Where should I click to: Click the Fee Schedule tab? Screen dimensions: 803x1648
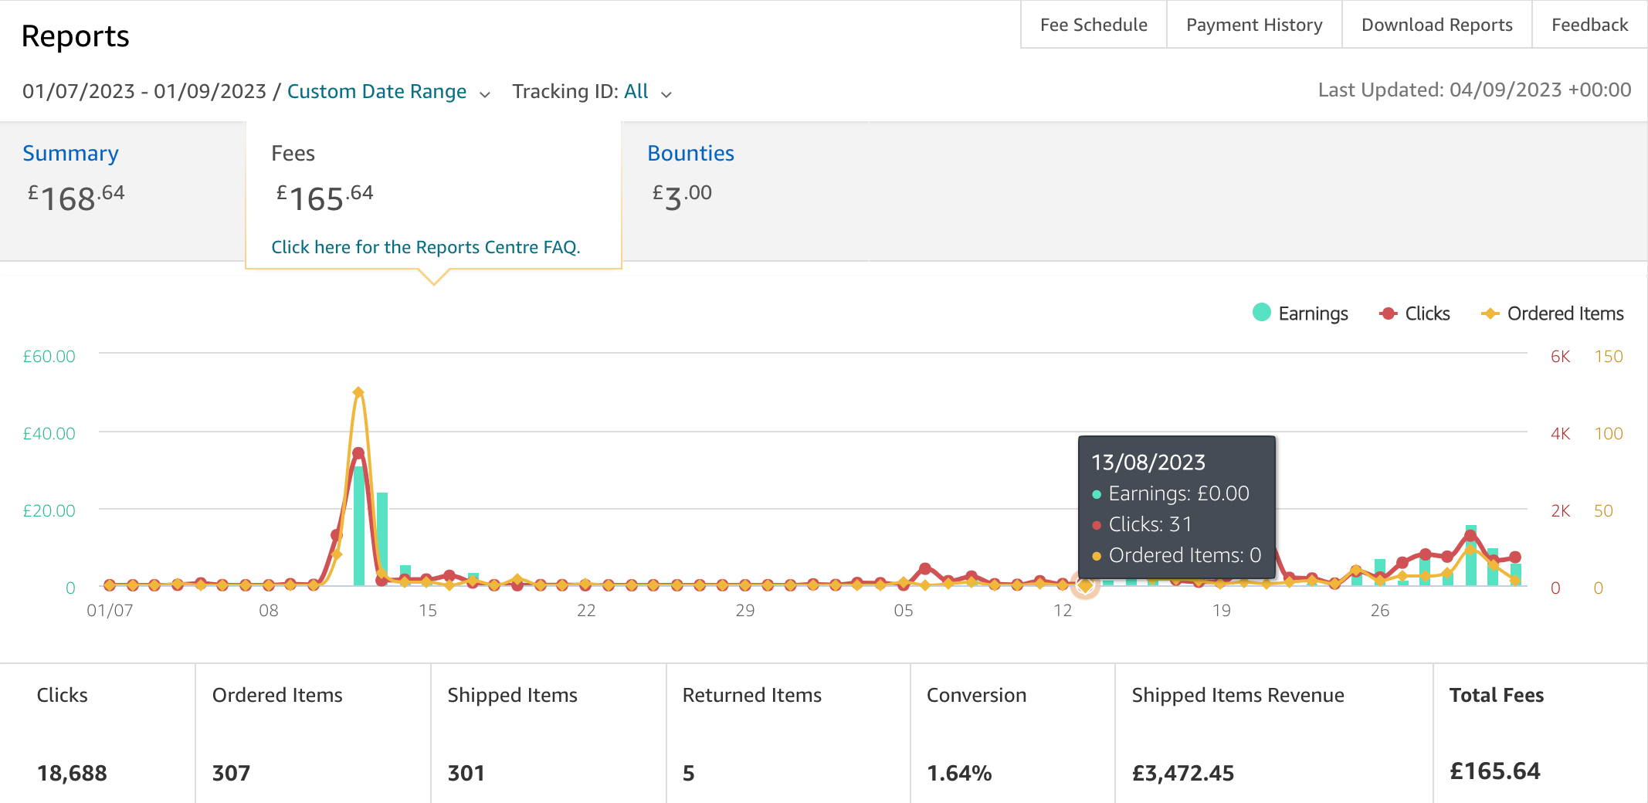point(1094,25)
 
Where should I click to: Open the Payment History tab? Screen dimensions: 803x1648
point(1254,25)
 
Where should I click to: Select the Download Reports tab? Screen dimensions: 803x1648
point(1436,25)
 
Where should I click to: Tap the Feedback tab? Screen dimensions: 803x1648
point(1589,25)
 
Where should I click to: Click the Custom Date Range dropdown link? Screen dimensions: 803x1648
point(377,91)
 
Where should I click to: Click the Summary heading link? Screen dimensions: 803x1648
point(70,153)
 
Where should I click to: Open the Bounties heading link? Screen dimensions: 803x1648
point(690,153)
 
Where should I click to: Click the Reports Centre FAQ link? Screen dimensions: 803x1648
point(426,247)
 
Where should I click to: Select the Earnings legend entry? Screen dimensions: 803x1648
point(1300,313)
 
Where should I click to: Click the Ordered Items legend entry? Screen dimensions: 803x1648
point(1552,313)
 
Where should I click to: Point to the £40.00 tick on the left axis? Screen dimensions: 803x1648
point(49,433)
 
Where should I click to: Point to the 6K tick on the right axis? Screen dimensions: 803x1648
point(1560,356)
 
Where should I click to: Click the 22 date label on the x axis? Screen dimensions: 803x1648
point(586,610)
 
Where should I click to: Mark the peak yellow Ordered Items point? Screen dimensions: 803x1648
point(358,392)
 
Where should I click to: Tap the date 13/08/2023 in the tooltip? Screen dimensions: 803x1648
point(1148,462)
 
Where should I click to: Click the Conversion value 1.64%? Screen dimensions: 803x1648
point(958,772)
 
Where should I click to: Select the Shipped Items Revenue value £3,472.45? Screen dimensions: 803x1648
point(1182,772)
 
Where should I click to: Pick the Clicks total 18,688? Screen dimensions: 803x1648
point(72,772)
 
